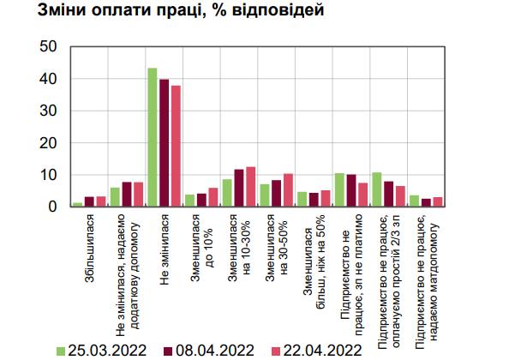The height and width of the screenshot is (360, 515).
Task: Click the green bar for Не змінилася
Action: (x=153, y=137)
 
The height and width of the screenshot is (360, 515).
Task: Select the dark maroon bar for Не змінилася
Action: (x=165, y=143)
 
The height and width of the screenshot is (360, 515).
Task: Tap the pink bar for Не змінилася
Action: (x=176, y=147)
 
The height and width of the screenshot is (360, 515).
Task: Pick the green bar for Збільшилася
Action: (x=78, y=205)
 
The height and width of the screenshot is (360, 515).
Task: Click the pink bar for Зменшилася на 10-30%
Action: (x=251, y=187)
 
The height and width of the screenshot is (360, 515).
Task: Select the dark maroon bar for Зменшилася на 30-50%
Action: (x=277, y=194)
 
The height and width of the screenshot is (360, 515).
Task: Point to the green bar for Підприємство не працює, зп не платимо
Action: (x=339, y=189)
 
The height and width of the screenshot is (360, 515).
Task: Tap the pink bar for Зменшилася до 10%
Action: (x=213, y=197)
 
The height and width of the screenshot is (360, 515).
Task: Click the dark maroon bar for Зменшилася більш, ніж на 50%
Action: (x=314, y=200)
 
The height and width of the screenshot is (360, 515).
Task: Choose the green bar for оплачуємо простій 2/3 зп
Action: (x=377, y=189)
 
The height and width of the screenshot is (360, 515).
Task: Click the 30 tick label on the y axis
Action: (x=48, y=111)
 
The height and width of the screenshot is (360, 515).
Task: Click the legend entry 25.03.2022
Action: (x=101, y=351)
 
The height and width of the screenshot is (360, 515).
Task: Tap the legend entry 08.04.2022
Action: (x=209, y=351)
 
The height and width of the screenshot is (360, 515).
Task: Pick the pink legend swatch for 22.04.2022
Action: (x=277, y=351)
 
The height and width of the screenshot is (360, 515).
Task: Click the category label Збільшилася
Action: (x=89, y=248)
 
